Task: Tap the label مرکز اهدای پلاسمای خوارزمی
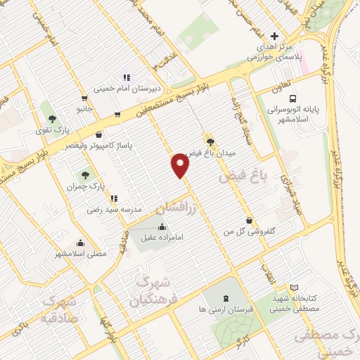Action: click(x=274, y=53)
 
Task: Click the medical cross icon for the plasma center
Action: click(x=275, y=36)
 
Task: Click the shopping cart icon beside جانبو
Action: click(x=85, y=98)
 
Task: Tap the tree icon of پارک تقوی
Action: click(x=51, y=117)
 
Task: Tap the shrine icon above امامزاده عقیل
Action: click(x=163, y=226)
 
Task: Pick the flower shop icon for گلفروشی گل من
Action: click(x=248, y=219)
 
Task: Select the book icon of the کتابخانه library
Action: click(x=294, y=288)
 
